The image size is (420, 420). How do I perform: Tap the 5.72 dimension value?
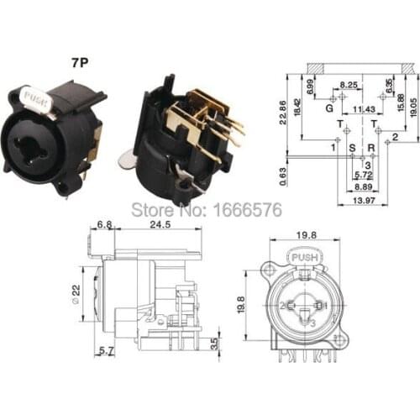pos(362,175)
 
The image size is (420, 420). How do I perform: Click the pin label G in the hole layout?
pos(329,108)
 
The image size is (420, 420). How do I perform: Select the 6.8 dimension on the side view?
pos(106,225)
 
